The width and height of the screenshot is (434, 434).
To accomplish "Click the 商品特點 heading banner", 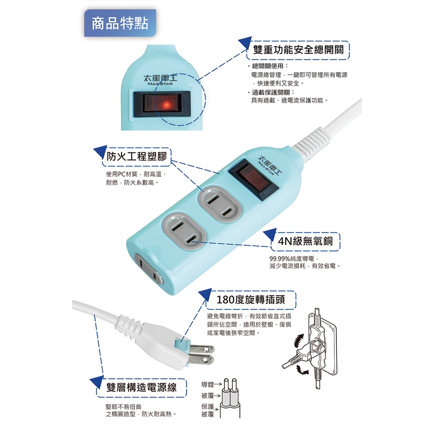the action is point(120,23).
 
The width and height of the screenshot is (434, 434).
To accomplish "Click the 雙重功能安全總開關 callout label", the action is point(298,50).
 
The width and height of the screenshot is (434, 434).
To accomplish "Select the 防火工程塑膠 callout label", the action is point(137,157).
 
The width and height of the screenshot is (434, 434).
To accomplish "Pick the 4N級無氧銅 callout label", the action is point(305,241).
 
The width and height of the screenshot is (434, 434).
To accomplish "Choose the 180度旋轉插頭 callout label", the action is point(251,300).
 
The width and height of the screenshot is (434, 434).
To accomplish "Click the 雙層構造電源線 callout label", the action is point(142,387).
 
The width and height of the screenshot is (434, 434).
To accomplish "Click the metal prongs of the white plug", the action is point(201,354).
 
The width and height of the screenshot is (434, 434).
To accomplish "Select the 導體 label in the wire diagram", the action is point(207,384).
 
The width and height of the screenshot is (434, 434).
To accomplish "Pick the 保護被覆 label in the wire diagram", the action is point(208,411).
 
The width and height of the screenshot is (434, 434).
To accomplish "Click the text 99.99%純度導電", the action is point(292,259).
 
